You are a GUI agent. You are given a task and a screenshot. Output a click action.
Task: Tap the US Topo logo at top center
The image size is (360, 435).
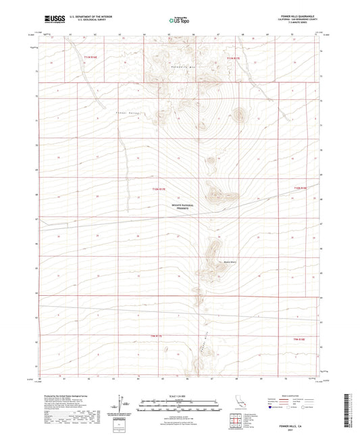[179, 20]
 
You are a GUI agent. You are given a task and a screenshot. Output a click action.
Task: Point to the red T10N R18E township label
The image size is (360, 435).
[300, 188]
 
